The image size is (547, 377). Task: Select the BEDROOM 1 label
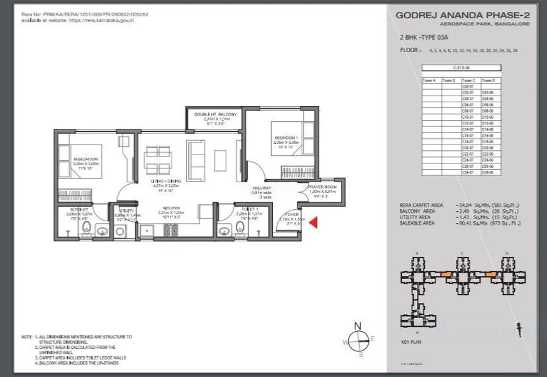click(285, 137)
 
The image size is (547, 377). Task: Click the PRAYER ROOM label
click(322, 187)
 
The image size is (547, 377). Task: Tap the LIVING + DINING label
click(166, 182)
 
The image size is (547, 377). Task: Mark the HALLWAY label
click(262, 188)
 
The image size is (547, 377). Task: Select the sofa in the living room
click(196, 155)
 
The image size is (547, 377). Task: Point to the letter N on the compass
click(358, 325)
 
